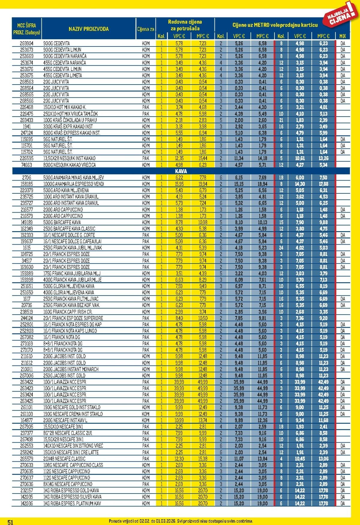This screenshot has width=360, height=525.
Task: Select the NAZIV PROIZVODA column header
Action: point(88,29)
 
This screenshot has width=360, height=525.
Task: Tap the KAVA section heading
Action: point(181,171)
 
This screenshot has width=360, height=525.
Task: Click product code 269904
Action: point(26,43)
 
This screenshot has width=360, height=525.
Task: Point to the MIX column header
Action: point(343,36)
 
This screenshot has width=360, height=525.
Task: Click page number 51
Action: point(10,522)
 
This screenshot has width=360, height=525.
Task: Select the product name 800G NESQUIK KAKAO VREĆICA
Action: point(69,165)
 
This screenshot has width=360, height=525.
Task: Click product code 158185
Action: point(26,184)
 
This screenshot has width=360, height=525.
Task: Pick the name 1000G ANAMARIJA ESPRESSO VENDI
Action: point(73,184)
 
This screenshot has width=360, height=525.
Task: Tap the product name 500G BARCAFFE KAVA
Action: point(62,222)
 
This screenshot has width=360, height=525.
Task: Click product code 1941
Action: point(26,127)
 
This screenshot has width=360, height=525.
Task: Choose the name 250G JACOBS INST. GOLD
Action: point(64,375)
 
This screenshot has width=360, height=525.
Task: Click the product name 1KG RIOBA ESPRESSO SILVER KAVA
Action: point(72,497)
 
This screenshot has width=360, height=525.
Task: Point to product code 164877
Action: point(26,420)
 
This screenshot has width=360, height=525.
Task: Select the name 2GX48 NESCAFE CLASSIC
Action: point(64,459)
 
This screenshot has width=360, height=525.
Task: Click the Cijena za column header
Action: point(145,29)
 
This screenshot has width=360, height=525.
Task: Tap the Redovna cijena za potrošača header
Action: point(185,25)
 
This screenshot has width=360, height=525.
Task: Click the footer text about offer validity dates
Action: point(181,521)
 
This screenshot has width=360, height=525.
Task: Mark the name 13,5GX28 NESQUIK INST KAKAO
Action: point(69,158)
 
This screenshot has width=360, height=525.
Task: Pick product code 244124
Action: point(26,318)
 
